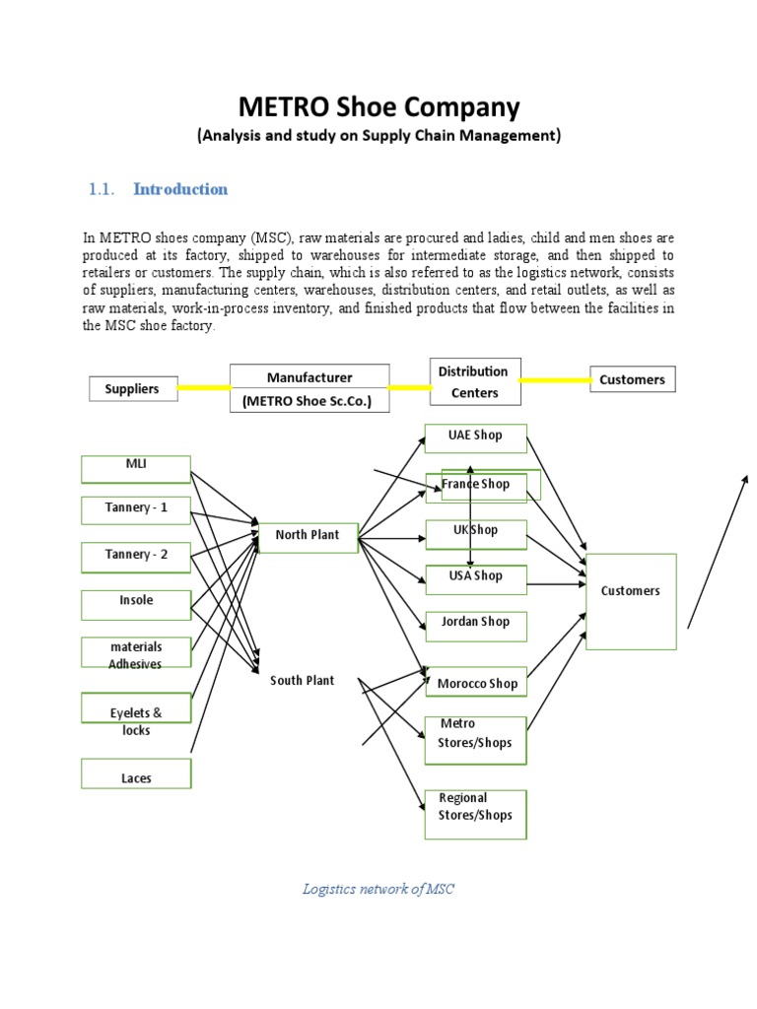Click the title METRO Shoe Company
pyautogui.click(x=378, y=106)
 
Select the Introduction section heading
pyautogui.click(x=180, y=189)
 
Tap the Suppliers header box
pyautogui.click(x=132, y=388)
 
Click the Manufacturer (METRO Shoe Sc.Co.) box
pyautogui.click(x=310, y=389)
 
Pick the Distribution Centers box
pyautogui.click(x=474, y=381)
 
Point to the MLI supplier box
pyautogui.click(x=136, y=468)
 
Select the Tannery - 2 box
pyautogui.click(x=136, y=557)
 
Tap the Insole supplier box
pyautogui.click(x=136, y=604)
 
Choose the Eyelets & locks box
pyautogui.click(x=136, y=720)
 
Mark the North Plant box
pyautogui.click(x=308, y=537)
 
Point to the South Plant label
pyautogui.click(x=303, y=681)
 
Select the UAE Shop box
pyautogui.click(x=475, y=437)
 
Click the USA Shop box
pyautogui.click(x=475, y=578)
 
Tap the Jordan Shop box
pyautogui.click(x=475, y=625)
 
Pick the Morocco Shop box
pyautogui.click(x=475, y=683)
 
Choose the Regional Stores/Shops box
pyautogui.click(x=475, y=813)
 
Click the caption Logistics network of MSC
pyautogui.click(x=378, y=889)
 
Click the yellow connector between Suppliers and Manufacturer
pyautogui.click(x=203, y=387)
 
